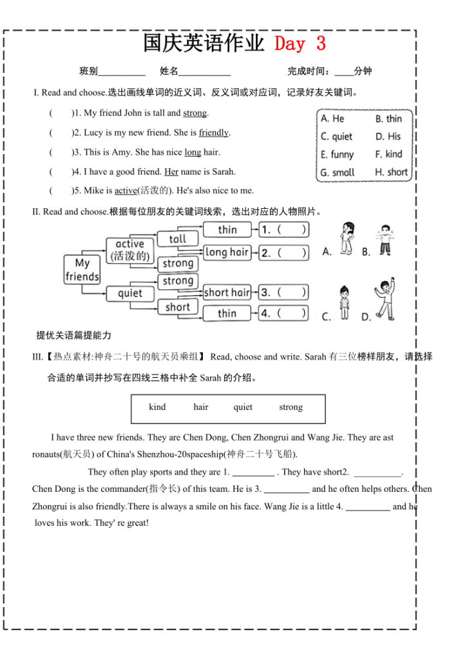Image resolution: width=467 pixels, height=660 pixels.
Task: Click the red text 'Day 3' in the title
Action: [x=300, y=44]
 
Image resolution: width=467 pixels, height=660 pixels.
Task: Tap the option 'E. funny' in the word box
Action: [x=337, y=155]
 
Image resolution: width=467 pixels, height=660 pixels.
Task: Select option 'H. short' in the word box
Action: [x=391, y=172]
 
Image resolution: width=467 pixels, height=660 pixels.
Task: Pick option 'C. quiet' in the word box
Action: [x=336, y=137]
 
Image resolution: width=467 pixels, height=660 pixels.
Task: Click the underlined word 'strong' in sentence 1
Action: [x=195, y=113]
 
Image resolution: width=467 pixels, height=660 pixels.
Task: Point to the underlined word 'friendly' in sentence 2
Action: [x=214, y=133]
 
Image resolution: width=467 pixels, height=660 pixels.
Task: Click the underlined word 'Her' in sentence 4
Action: [x=171, y=172]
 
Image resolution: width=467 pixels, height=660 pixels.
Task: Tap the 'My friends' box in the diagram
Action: [x=82, y=270]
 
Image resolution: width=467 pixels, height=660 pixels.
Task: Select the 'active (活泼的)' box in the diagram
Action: [x=129, y=249]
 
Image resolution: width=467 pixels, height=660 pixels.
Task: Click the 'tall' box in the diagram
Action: [x=178, y=239]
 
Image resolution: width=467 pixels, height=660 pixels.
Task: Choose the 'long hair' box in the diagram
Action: [x=227, y=252]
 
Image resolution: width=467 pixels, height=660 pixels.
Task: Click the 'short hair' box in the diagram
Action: [x=227, y=293]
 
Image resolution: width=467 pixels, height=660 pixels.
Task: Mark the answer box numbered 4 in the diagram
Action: [x=283, y=313]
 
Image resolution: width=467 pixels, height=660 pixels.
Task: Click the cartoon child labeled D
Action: [x=385, y=298]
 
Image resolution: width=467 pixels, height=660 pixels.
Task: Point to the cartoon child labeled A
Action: [x=346, y=238]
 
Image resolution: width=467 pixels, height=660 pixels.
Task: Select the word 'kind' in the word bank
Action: [x=157, y=407]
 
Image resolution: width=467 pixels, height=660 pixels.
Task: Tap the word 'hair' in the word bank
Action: [x=201, y=407]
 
